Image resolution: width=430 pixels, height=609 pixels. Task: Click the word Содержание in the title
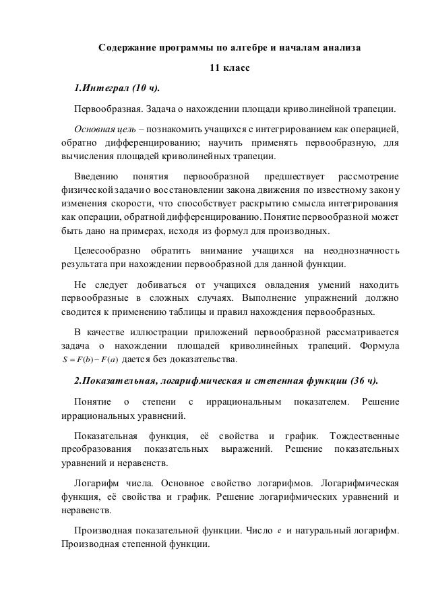click(127, 49)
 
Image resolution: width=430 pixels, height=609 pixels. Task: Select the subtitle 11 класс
click(229, 68)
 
